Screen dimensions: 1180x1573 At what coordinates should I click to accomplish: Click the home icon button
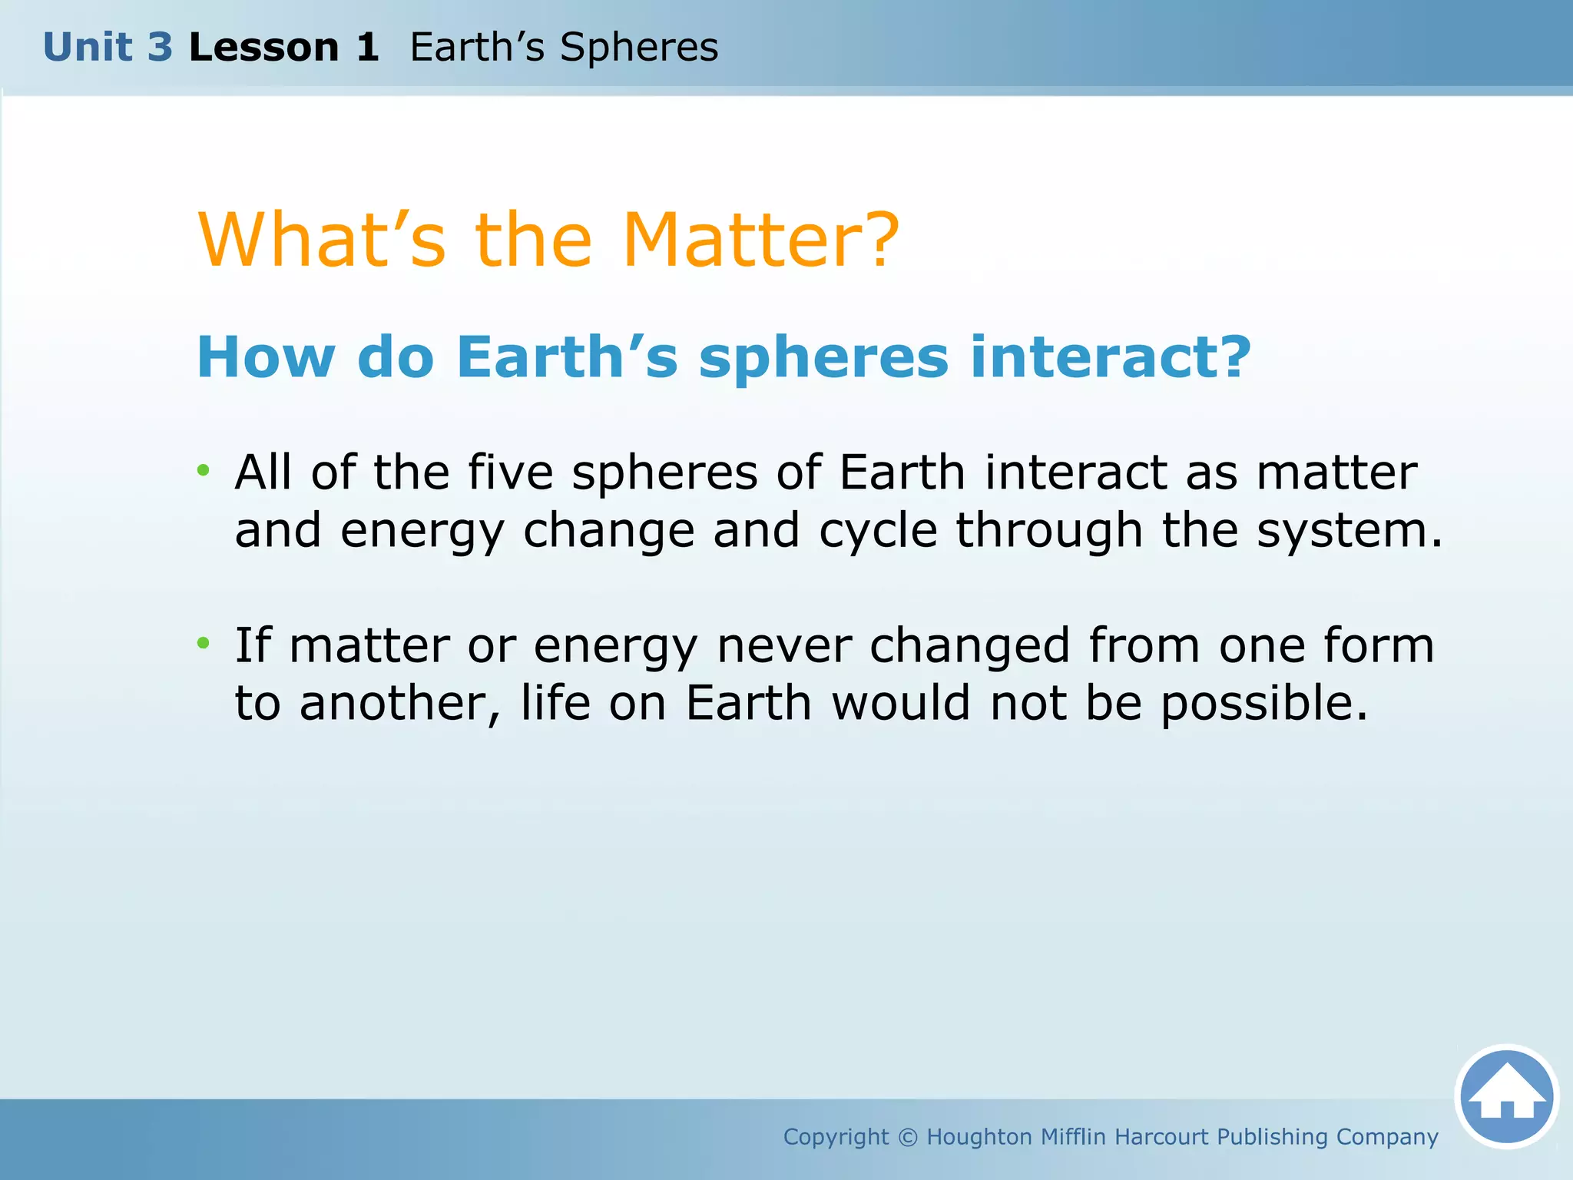coord(1506,1096)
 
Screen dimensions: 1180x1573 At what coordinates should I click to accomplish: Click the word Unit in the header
coord(87,48)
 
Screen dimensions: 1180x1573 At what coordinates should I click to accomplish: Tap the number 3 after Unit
coord(160,48)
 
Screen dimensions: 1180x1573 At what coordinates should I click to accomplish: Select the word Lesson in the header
coord(263,48)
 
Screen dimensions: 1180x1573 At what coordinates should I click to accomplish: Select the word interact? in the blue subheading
coord(1111,358)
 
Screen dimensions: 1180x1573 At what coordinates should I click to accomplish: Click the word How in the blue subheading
coord(266,358)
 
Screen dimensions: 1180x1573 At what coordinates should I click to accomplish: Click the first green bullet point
coord(203,470)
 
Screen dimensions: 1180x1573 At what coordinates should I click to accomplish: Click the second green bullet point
coord(203,643)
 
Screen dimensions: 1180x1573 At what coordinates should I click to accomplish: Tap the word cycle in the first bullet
coord(878,532)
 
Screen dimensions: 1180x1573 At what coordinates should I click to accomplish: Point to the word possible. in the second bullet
coord(1264,704)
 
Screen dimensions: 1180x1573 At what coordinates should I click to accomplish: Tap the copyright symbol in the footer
coord(907,1137)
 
